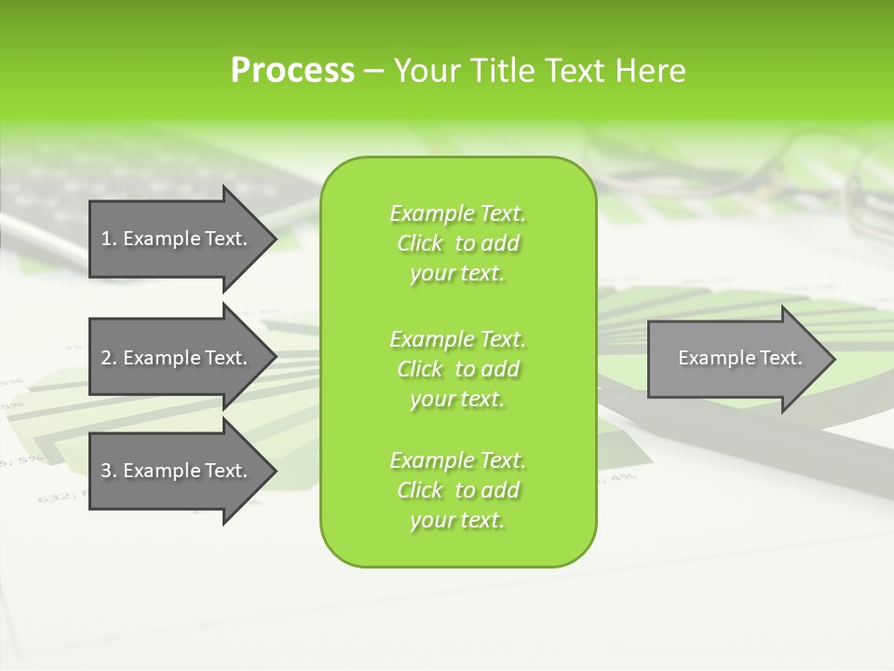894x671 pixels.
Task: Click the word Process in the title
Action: click(292, 71)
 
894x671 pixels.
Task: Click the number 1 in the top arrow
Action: click(106, 239)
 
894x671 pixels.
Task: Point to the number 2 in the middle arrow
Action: click(106, 358)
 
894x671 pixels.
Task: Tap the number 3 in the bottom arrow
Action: click(106, 471)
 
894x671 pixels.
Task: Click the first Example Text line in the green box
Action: click(457, 213)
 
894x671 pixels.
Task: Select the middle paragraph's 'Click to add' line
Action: click(457, 369)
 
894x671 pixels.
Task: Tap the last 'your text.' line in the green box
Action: click(457, 521)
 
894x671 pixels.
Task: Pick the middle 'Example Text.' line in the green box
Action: click(457, 338)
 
